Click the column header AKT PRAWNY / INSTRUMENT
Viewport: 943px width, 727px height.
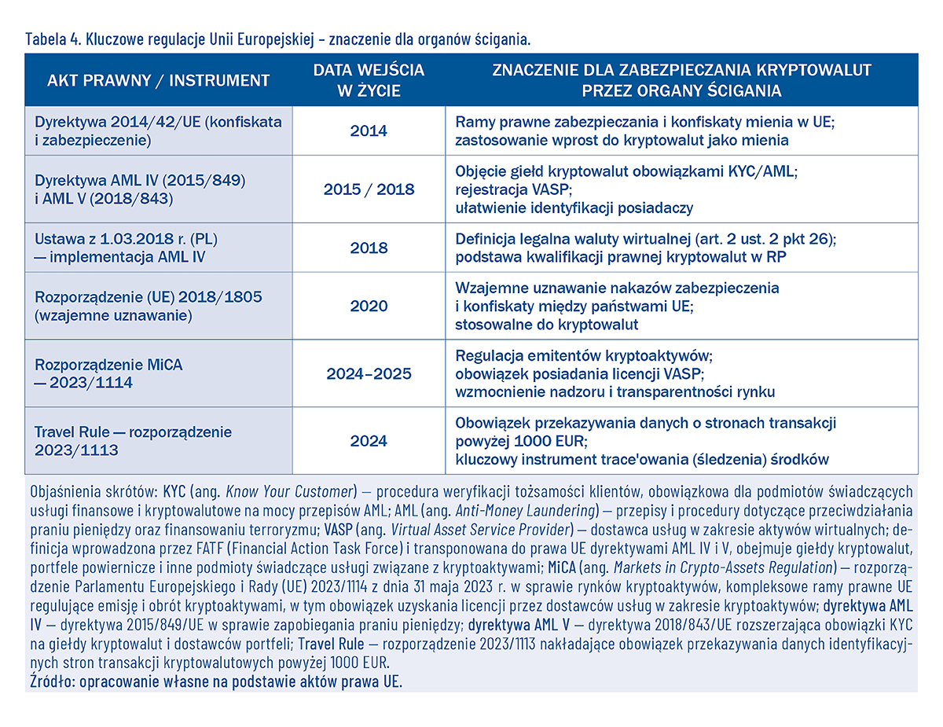[159, 80]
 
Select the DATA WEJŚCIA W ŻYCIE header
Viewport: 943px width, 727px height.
[369, 80]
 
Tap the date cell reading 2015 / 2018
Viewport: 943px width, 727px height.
[369, 189]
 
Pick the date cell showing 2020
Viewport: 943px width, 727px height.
[369, 306]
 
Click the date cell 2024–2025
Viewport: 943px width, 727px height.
[369, 373]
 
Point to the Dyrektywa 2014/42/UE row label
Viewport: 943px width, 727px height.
[159, 131]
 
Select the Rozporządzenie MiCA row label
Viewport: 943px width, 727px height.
[109, 373]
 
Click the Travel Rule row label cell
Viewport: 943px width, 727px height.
[134, 441]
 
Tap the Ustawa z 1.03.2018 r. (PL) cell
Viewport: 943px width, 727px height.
[126, 248]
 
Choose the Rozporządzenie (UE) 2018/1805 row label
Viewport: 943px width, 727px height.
[149, 306]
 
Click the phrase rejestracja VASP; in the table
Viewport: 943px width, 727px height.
[514, 189]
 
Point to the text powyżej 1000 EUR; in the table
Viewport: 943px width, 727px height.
[521, 442]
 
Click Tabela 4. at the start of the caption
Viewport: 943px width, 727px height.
[53, 39]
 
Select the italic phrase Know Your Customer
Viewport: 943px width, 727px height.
[289, 491]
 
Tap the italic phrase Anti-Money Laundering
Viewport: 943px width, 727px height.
[525, 510]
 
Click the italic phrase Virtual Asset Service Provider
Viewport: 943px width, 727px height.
[480, 530]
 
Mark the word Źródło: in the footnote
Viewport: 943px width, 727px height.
[53, 681]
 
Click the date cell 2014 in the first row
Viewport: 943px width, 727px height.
[369, 131]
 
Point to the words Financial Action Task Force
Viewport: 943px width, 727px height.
[315, 548]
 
